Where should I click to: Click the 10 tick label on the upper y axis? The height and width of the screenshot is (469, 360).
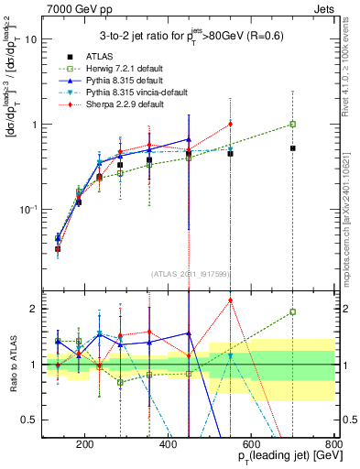31,40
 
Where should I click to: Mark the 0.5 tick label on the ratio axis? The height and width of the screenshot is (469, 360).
29,420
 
